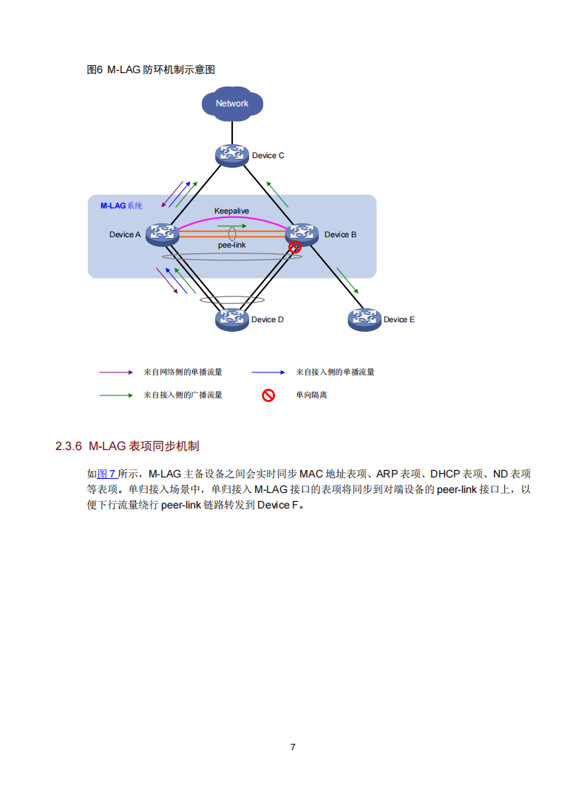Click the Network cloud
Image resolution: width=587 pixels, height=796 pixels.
tap(232, 103)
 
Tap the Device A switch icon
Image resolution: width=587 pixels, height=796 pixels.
tap(161, 234)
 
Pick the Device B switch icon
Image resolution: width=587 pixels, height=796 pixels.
tap(302, 234)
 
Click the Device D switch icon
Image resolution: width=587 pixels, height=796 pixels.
tap(231, 319)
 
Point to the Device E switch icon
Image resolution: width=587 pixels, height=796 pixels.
tap(364, 319)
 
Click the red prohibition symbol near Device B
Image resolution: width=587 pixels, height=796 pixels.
tap(294, 247)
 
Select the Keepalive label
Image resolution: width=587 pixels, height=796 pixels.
tap(231, 211)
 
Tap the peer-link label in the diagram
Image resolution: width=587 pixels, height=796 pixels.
tap(231, 245)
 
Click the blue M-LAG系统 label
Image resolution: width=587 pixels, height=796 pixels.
tap(121, 206)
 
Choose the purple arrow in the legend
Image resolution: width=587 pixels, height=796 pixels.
tap(115, 372)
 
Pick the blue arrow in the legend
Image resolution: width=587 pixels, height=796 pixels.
tap(268, 372)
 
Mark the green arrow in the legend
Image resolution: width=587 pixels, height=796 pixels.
tap(115, 395)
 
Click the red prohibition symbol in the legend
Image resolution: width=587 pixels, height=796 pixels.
tap(268, 395)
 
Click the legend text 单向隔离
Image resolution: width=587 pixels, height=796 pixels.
tap(311, 395)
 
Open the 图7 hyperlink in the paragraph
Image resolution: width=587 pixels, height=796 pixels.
tap(107, 474)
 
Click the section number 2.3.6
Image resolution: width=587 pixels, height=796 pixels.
tap(67, 446)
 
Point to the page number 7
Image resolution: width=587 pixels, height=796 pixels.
tap(293, 747)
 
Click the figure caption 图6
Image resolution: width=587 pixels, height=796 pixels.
tap(95, 69)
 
